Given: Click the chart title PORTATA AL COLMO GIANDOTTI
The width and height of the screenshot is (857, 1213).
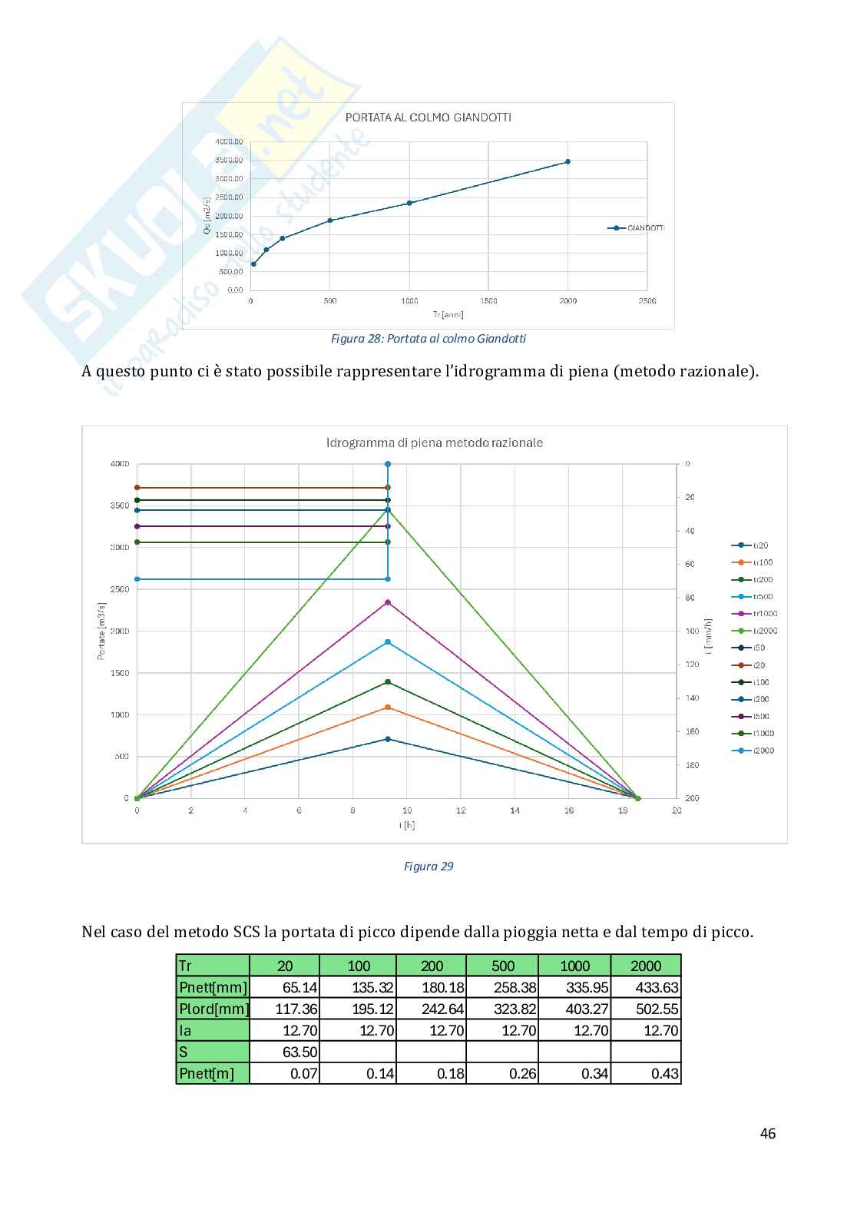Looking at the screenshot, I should [428, 118].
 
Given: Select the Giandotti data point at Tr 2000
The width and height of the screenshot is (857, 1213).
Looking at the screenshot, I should [567, 161].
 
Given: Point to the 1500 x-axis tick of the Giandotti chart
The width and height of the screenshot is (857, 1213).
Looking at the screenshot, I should [488, 301].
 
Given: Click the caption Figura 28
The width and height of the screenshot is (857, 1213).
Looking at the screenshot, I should [428, 339].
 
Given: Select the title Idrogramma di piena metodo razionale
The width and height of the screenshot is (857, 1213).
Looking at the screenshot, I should [435, 442].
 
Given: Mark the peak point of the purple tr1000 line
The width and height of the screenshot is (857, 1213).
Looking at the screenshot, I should [388, 602].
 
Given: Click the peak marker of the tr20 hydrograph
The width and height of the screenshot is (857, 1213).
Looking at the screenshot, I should [388, 739].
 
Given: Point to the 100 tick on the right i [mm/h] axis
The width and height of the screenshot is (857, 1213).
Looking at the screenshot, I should [692, 631].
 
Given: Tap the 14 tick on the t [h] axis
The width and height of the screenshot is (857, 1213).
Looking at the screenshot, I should [515, 810].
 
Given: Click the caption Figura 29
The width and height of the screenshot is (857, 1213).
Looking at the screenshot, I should [428, 867].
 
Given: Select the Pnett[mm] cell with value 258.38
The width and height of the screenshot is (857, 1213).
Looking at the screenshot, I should [504, 988].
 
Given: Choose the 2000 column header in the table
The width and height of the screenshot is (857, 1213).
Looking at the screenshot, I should [646, 966].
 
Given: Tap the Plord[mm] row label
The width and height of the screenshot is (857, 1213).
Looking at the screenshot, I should [213, 1009].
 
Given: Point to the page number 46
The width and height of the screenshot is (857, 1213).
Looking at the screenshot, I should [767, 1133].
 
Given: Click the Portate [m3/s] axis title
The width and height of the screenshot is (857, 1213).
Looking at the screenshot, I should [101, 631].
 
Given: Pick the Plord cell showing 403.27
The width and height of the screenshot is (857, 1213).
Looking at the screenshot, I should [575, 1009].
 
